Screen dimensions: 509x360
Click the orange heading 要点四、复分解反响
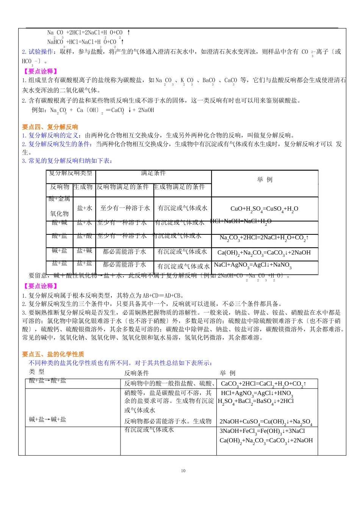[50, 127]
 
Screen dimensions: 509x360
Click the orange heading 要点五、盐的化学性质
[53, 354]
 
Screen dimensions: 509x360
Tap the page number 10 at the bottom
[183, 471]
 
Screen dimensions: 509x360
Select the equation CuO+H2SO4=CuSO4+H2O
[264, 209]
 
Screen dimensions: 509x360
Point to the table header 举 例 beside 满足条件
[265, 180]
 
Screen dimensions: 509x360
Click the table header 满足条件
[153, 173]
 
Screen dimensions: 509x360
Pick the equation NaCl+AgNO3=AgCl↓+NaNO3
[252, 265]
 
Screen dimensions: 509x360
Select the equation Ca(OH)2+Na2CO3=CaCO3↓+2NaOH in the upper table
[264, 253]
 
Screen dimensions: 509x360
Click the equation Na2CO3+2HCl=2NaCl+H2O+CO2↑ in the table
[264, 238]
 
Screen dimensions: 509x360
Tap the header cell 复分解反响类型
[70, 173]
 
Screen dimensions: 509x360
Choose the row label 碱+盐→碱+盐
[48, 419]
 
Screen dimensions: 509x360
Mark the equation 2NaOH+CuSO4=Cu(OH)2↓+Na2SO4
[266, 422]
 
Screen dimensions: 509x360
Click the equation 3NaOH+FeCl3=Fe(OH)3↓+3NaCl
[262, 431]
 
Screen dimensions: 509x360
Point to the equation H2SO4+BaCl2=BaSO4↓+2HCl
[255, 401]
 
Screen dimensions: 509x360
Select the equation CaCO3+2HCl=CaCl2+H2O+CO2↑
[263, 384]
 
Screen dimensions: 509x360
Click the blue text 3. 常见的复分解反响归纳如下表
[67, 161]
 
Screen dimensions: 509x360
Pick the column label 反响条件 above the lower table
[136, 373]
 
